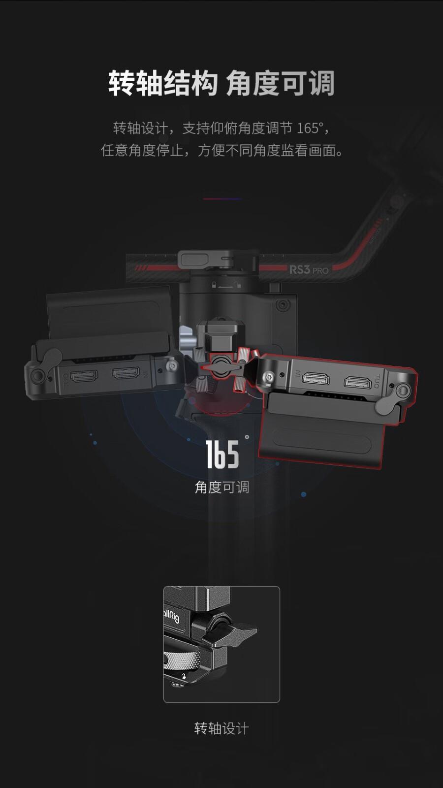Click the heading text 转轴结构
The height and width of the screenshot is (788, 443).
point(163,83)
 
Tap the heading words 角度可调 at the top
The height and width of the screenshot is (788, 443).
point(281,83)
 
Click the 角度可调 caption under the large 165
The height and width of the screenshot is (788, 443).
point(222,487)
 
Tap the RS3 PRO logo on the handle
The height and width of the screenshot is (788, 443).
point(309,269)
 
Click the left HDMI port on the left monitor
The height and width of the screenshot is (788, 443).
point(85,377)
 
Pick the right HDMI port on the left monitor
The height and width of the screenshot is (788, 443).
point(126,373)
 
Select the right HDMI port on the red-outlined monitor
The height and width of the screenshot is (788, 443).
point(357,382)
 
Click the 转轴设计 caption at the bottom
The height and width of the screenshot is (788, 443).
point(221,728)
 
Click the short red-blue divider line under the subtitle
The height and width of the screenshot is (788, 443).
point(221,199)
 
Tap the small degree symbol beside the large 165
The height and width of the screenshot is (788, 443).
point(247,436)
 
